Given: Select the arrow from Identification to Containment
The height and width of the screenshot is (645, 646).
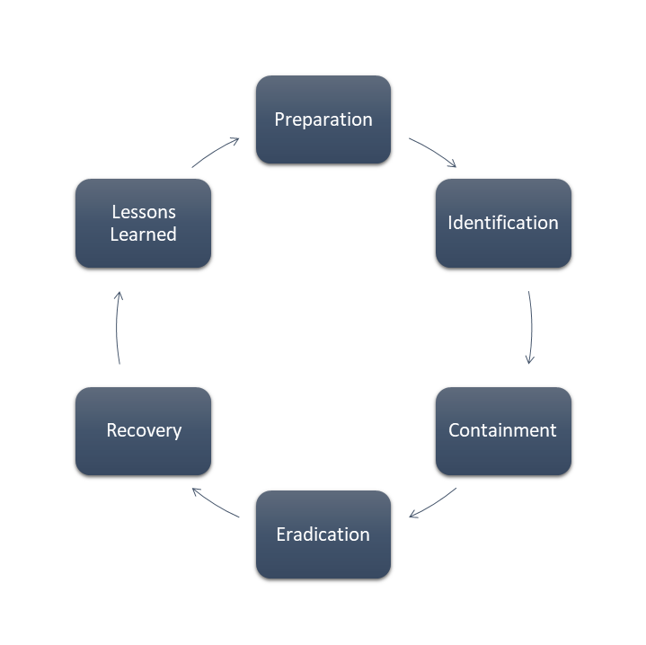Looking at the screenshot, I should coord(531,328).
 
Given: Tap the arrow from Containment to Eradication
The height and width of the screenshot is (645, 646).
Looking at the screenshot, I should coord(433,504).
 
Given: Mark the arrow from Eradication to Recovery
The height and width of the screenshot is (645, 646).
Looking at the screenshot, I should coord(215,502).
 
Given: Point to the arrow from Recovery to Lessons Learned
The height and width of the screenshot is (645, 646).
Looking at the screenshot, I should coord(117,327).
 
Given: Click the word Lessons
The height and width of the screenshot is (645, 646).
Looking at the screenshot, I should coord(144,212).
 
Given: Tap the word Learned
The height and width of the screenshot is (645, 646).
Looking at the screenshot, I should coord(144,234).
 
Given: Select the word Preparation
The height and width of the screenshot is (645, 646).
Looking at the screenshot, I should coord(323,119).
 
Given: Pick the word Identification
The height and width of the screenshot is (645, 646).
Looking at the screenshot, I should coord(503,223).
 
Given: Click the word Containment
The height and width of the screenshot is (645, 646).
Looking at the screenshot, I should coord(502,430).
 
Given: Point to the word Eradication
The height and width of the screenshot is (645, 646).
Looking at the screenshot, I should coord(323,535).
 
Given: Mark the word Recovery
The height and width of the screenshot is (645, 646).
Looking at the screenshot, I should coord(144,431).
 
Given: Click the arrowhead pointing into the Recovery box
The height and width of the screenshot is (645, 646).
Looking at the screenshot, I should coord(196,490).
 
